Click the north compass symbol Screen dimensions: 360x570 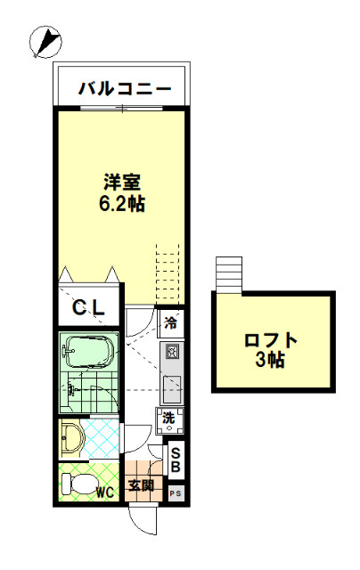point(45,42)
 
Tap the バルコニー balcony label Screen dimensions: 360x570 point(125,89)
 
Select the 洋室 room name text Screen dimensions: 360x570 point(122,182)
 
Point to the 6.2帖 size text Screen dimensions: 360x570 point(122,204)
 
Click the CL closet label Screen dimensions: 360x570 point(88,308)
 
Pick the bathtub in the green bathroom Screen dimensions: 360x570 point(88,353)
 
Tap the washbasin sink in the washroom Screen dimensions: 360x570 point(71,439)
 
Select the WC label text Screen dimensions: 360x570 point(105,493)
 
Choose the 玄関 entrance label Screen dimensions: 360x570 point(142,485)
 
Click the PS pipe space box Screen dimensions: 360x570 point(176,493)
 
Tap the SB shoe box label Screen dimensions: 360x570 point(176,460)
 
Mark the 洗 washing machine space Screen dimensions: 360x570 point(169,421)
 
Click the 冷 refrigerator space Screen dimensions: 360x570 point(171,323)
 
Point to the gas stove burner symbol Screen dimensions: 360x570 point(172,352)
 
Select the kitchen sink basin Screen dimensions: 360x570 point(172,389)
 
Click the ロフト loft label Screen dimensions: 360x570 point(271,340)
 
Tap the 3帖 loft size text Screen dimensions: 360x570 point(270,360)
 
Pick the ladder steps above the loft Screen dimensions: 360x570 point(229,274)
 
